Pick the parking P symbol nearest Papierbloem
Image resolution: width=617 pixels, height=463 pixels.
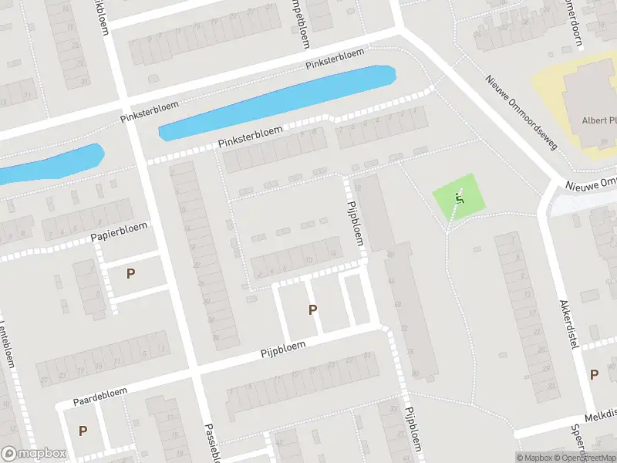point(130,273)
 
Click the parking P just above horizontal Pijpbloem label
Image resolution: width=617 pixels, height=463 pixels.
point(312,310)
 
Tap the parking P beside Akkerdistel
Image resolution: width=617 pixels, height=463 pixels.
point(594,374)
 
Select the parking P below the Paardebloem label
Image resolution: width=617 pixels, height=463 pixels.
point(83,431)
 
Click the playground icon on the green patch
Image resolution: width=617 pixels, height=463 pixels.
point(460,198)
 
